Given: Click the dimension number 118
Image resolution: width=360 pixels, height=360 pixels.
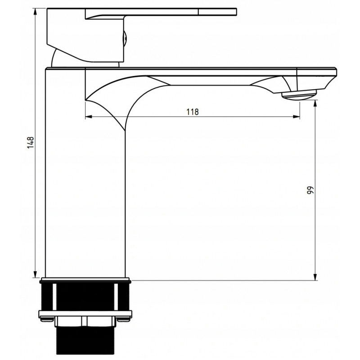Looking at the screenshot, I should (x=192, y=112).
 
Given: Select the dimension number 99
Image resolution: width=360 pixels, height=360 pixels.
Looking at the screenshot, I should (x=310, y=189).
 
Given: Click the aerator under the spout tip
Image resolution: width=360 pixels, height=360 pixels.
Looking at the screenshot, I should (x=298, y=95).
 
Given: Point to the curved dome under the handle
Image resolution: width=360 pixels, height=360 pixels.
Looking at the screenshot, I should (x=58, y=59).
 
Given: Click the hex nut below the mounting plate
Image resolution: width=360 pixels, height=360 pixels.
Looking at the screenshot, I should (x=85, y=321).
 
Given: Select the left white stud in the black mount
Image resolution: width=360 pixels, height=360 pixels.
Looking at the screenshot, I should (x=54, y=297).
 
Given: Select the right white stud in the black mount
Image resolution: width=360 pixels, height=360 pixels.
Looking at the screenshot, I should (x=118, y=297).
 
